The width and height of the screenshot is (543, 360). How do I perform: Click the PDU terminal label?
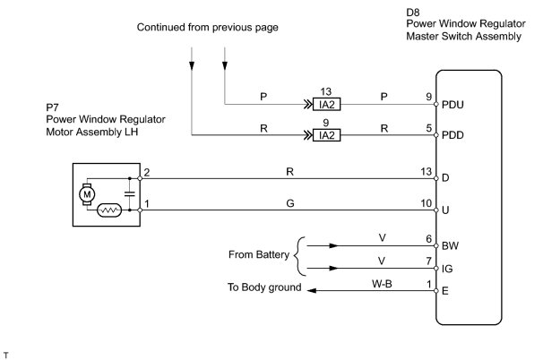[x=453, y=104]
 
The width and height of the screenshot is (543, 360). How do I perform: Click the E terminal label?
[x=445, y=290]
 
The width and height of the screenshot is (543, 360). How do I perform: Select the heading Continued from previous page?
[x=208, y=28]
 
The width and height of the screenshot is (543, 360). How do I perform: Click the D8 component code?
[x=414, y=13]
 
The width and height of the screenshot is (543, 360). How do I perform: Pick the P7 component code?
[x=52, y=107]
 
